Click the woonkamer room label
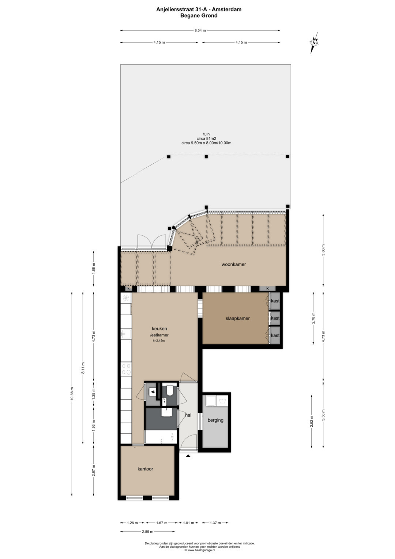pos(234,264)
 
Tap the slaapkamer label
pos(238,318)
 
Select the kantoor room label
pos(146,469)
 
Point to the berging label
pos(215,420)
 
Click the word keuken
pos(159,329)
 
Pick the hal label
pos(188,415)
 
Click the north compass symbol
pos(314,43)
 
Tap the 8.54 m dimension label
pos(200,30)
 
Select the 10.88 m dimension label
pos(72,394)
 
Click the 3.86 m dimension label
pos(323,250)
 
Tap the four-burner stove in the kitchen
pos(126,369)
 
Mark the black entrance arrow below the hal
pos(188,456)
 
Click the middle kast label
pos(275,318)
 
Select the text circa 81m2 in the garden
pos(206,138)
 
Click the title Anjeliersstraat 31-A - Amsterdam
pos(199,10)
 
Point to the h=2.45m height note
pos(159,341)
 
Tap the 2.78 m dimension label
pos(314,318)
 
